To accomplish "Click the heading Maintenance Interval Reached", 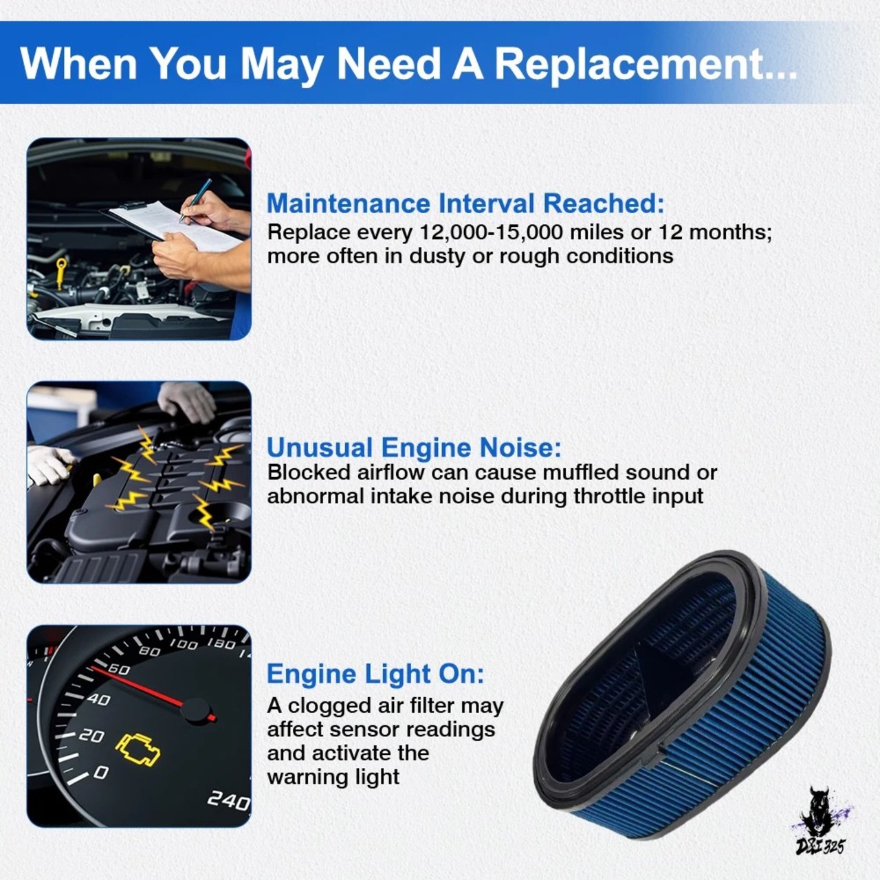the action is [x=465, y=203].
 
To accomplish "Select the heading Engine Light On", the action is [x=375, y=674].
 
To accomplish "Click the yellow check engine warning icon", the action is [x=137, y=749].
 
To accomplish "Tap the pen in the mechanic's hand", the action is [x=195, y=200].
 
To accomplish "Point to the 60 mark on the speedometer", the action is [x=119, y=670].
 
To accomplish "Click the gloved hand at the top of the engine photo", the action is [x=187, y=401].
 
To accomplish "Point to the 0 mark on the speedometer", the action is [x=101, y=772].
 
